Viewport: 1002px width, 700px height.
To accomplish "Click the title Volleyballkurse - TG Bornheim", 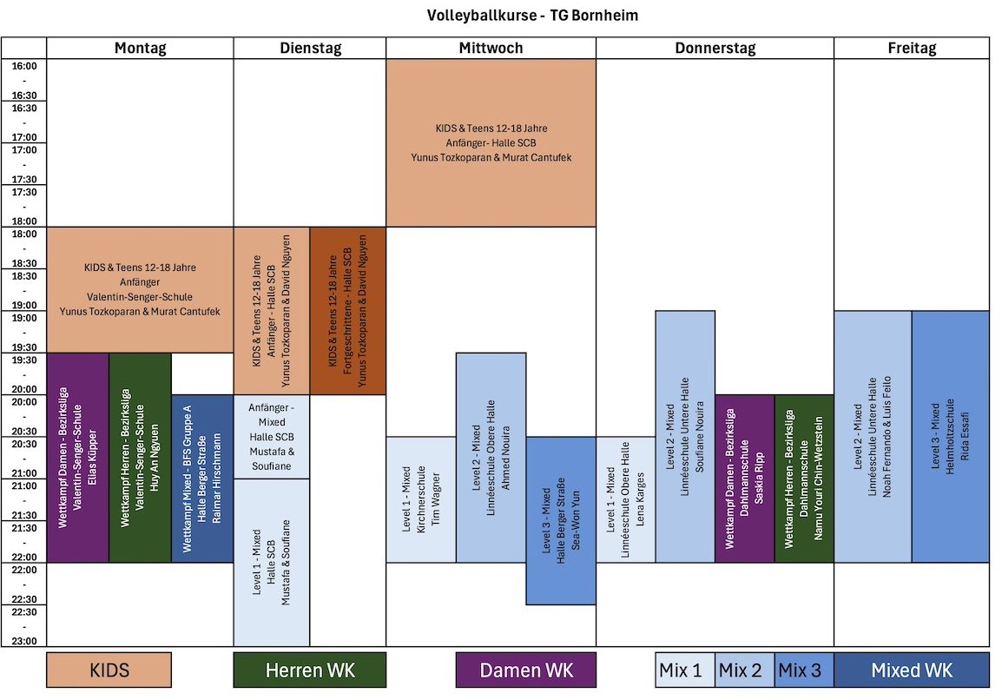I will (533, 16).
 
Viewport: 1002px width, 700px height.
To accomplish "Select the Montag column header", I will (140, 49).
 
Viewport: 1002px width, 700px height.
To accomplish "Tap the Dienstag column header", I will (310, 49).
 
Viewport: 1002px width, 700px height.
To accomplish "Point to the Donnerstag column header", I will (715, 49).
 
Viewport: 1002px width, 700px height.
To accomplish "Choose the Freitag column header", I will (912, 49).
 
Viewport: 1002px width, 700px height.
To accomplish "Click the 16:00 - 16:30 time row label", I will (24, 80).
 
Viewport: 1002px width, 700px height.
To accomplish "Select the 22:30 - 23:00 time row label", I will (24, 626).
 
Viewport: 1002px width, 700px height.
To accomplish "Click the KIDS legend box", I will (109, 670).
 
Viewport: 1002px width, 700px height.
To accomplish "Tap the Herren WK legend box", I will (309, 670).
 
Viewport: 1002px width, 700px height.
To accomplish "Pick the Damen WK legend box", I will (526, 670).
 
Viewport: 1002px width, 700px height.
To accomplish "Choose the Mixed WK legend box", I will (912, 670).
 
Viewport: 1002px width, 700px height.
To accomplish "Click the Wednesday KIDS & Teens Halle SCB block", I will (491, 142).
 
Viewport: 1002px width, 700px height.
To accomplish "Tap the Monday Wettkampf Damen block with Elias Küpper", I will (78, 458).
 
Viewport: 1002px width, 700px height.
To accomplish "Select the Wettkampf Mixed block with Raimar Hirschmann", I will (202, 479).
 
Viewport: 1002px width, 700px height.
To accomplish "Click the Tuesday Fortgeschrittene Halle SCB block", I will (347, 311).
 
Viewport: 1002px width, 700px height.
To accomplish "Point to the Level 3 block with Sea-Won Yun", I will (561, 520).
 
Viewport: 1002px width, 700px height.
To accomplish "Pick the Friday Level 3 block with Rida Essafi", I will (950, 436).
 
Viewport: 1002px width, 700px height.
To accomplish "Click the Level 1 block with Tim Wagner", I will (421, 499).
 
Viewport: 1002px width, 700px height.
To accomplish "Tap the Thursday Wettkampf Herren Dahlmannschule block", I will (804, 479).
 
